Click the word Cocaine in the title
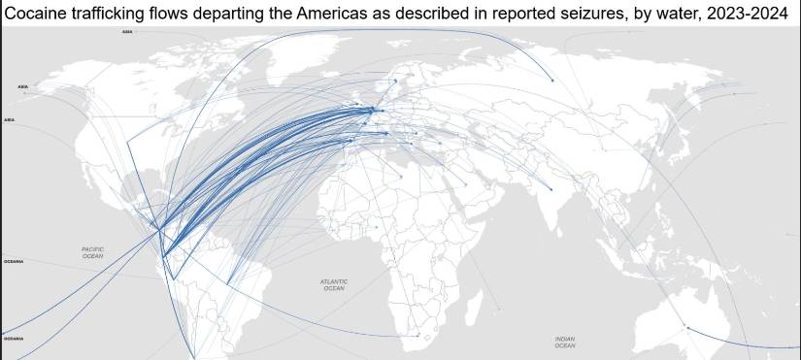click(35, 14)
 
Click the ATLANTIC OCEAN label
click(333, 285)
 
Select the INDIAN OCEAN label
click(565, 341)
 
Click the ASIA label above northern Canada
click(127, 31)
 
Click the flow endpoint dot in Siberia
click(551, 81)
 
